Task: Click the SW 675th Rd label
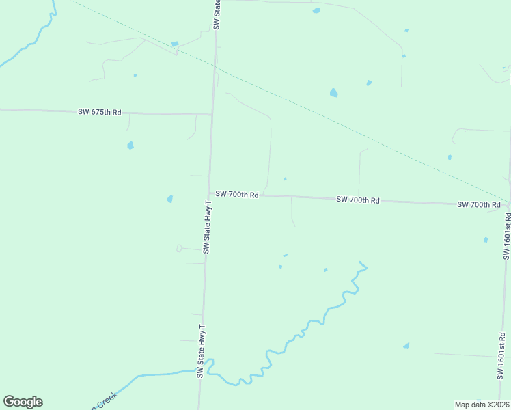click(x=99, y=111)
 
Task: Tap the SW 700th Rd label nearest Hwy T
click(x=236, y=195)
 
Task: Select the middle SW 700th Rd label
click(x=357, y=200)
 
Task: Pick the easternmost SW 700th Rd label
click(x=479, y=204)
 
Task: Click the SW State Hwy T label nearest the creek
click(x=201, y=351)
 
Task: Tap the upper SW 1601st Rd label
click(x=507, y=234)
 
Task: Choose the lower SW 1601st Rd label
click(x=501, y=357)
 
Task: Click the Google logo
click(x=23, y=402)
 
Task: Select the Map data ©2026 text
click(x=482, y=405)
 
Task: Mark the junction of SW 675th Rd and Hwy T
click(x=212, y=114)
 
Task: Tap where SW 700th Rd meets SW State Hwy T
click(x=208, y=195)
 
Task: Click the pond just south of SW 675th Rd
click(x=130, y=146)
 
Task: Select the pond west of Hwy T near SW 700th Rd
click(x=170, y=199)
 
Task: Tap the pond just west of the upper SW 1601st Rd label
click(x=486, y=240)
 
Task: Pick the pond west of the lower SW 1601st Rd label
click(x=406, y=346)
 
